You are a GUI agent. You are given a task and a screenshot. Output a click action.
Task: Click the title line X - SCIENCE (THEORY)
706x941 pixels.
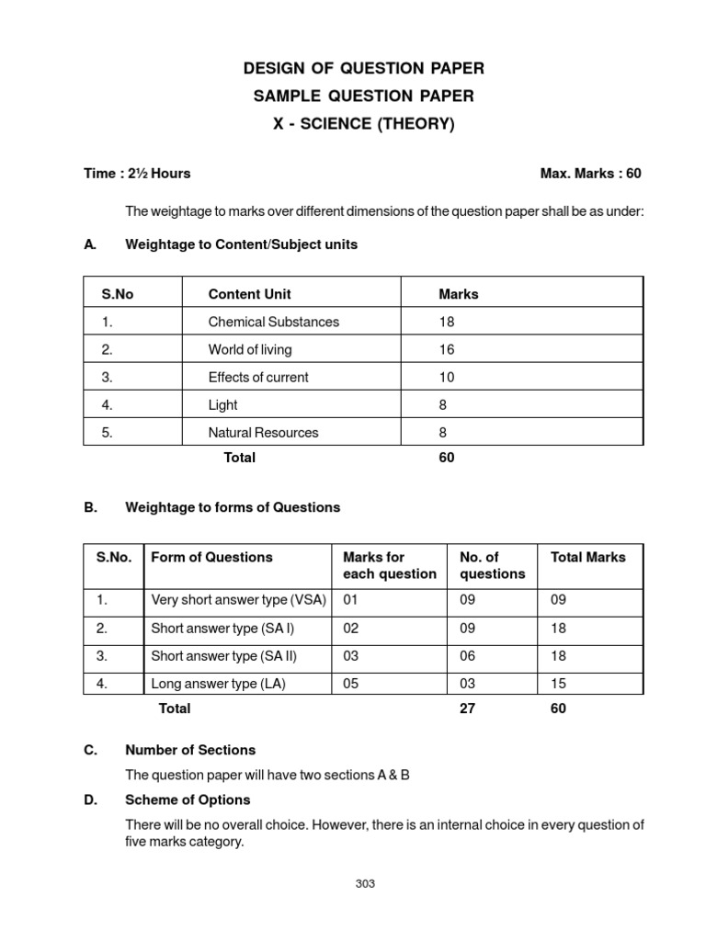[362, 124]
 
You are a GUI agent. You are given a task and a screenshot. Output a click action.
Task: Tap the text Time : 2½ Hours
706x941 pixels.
[137, 174]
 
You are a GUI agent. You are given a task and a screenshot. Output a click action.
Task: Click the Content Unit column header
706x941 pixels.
[249, 294]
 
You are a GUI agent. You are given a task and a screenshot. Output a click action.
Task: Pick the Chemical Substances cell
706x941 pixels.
[273, 322]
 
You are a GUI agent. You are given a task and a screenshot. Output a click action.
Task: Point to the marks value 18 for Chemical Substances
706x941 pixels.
[447, 322]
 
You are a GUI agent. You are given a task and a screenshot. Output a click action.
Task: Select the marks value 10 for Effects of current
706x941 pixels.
[447, 377]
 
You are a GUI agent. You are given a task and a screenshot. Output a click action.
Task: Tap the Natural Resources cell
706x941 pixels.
[263, 432]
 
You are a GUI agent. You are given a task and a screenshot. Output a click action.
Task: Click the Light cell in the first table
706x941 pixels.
[222, 404]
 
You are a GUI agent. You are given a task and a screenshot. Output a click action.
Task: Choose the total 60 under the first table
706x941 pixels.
[447, 458]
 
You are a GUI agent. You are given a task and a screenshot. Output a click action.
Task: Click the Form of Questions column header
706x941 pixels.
[211, 557]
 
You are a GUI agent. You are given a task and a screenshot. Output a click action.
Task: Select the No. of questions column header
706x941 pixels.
[479, 565]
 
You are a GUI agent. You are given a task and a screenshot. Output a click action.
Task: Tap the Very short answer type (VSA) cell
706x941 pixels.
[238, 600]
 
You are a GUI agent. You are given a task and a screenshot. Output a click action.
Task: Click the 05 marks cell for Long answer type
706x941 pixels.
[351, 683]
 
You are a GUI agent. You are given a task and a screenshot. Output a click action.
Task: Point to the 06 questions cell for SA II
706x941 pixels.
[468, 655]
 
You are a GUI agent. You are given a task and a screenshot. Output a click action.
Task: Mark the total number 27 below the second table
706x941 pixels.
[468, 709]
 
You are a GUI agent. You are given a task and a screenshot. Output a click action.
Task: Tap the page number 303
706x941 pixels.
[365, 884]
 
